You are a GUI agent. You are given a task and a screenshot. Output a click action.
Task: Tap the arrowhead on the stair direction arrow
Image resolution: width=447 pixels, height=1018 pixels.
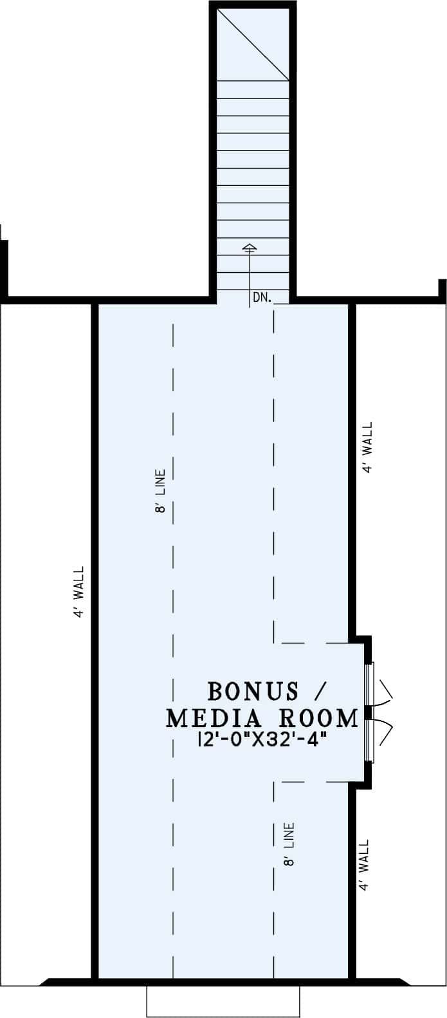tap(250, 246)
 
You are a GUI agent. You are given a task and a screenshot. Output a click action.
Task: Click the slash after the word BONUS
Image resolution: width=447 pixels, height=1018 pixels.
tap(319, 692)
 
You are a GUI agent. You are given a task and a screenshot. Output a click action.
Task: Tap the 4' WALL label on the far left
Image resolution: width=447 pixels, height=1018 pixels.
tap(79, 592)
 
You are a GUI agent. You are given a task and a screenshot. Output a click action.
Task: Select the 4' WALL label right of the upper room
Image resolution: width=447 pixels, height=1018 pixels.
tap(367, 448)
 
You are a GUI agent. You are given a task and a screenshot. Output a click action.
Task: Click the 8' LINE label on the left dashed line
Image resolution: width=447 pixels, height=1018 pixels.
tap(160, 491)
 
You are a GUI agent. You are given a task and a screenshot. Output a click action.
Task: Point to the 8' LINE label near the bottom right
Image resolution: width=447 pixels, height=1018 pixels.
tap(289, 844)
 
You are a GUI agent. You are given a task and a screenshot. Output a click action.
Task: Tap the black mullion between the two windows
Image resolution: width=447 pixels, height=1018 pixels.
tap(369, 712)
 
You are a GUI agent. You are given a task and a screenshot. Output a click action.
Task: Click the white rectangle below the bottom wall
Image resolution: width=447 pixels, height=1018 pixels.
tap(223, 1001)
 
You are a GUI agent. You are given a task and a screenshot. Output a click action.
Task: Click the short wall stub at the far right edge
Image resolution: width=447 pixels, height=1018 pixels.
tap(442, 290)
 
